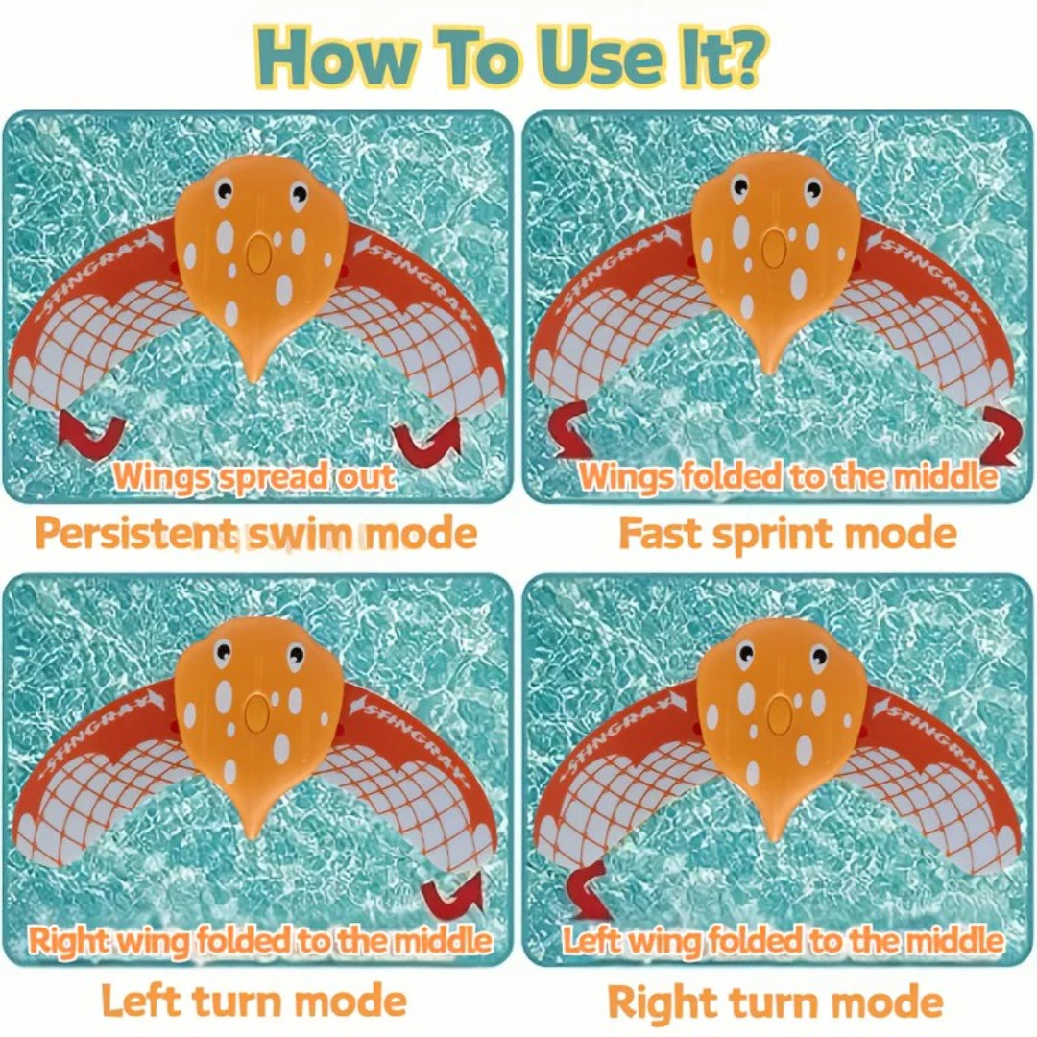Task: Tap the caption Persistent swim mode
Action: (x=256, y=533)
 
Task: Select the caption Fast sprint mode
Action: (x=787, y=534)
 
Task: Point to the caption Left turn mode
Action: (x=253, y=1001)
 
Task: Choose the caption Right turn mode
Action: (x=776, y=1001)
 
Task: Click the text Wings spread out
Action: (x=253, y=477)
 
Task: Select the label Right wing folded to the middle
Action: (x=259, y=940)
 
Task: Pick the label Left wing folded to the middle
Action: (x=783, y=940)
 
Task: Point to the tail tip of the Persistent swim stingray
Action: (x=253, y=379)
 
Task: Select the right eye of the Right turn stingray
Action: (x=818, y=656)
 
